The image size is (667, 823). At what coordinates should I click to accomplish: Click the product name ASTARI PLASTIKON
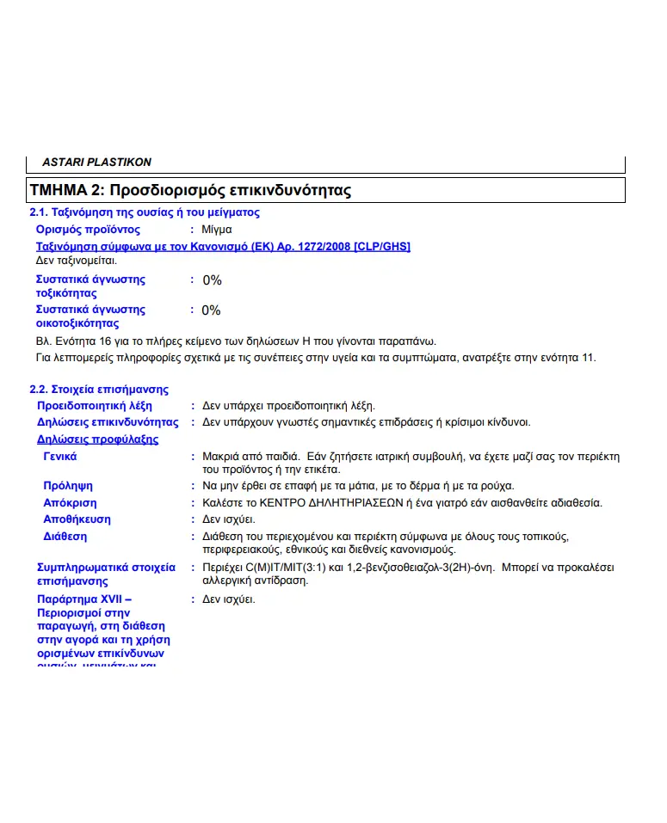point(96,162)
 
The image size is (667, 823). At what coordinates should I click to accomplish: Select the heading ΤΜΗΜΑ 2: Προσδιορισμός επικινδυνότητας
point(190,190)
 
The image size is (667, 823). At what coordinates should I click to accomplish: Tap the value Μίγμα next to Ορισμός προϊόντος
point(217,230)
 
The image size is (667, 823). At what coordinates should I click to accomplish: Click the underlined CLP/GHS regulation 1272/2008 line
point(223,247)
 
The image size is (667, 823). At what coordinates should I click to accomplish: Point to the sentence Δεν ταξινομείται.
point(77,259)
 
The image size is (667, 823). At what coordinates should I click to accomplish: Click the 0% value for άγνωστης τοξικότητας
point(212,280)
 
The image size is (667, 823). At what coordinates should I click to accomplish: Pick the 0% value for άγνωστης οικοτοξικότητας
point(211,310)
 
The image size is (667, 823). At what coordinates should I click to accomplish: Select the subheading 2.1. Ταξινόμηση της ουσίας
point(145,212)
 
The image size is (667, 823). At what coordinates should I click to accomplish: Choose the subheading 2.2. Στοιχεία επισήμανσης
point(99,390)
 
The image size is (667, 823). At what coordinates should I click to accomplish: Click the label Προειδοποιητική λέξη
point(94,405)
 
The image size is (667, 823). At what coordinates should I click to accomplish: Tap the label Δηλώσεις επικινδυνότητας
point(108,422)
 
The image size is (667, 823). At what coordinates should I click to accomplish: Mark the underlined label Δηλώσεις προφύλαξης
point(97,439)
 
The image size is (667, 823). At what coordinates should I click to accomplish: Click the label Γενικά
point(60,457)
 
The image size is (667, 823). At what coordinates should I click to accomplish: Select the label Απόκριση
point(70,502)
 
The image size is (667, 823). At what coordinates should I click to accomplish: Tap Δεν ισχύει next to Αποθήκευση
point(228,519)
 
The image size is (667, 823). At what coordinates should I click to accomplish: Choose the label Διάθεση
point(65,537)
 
